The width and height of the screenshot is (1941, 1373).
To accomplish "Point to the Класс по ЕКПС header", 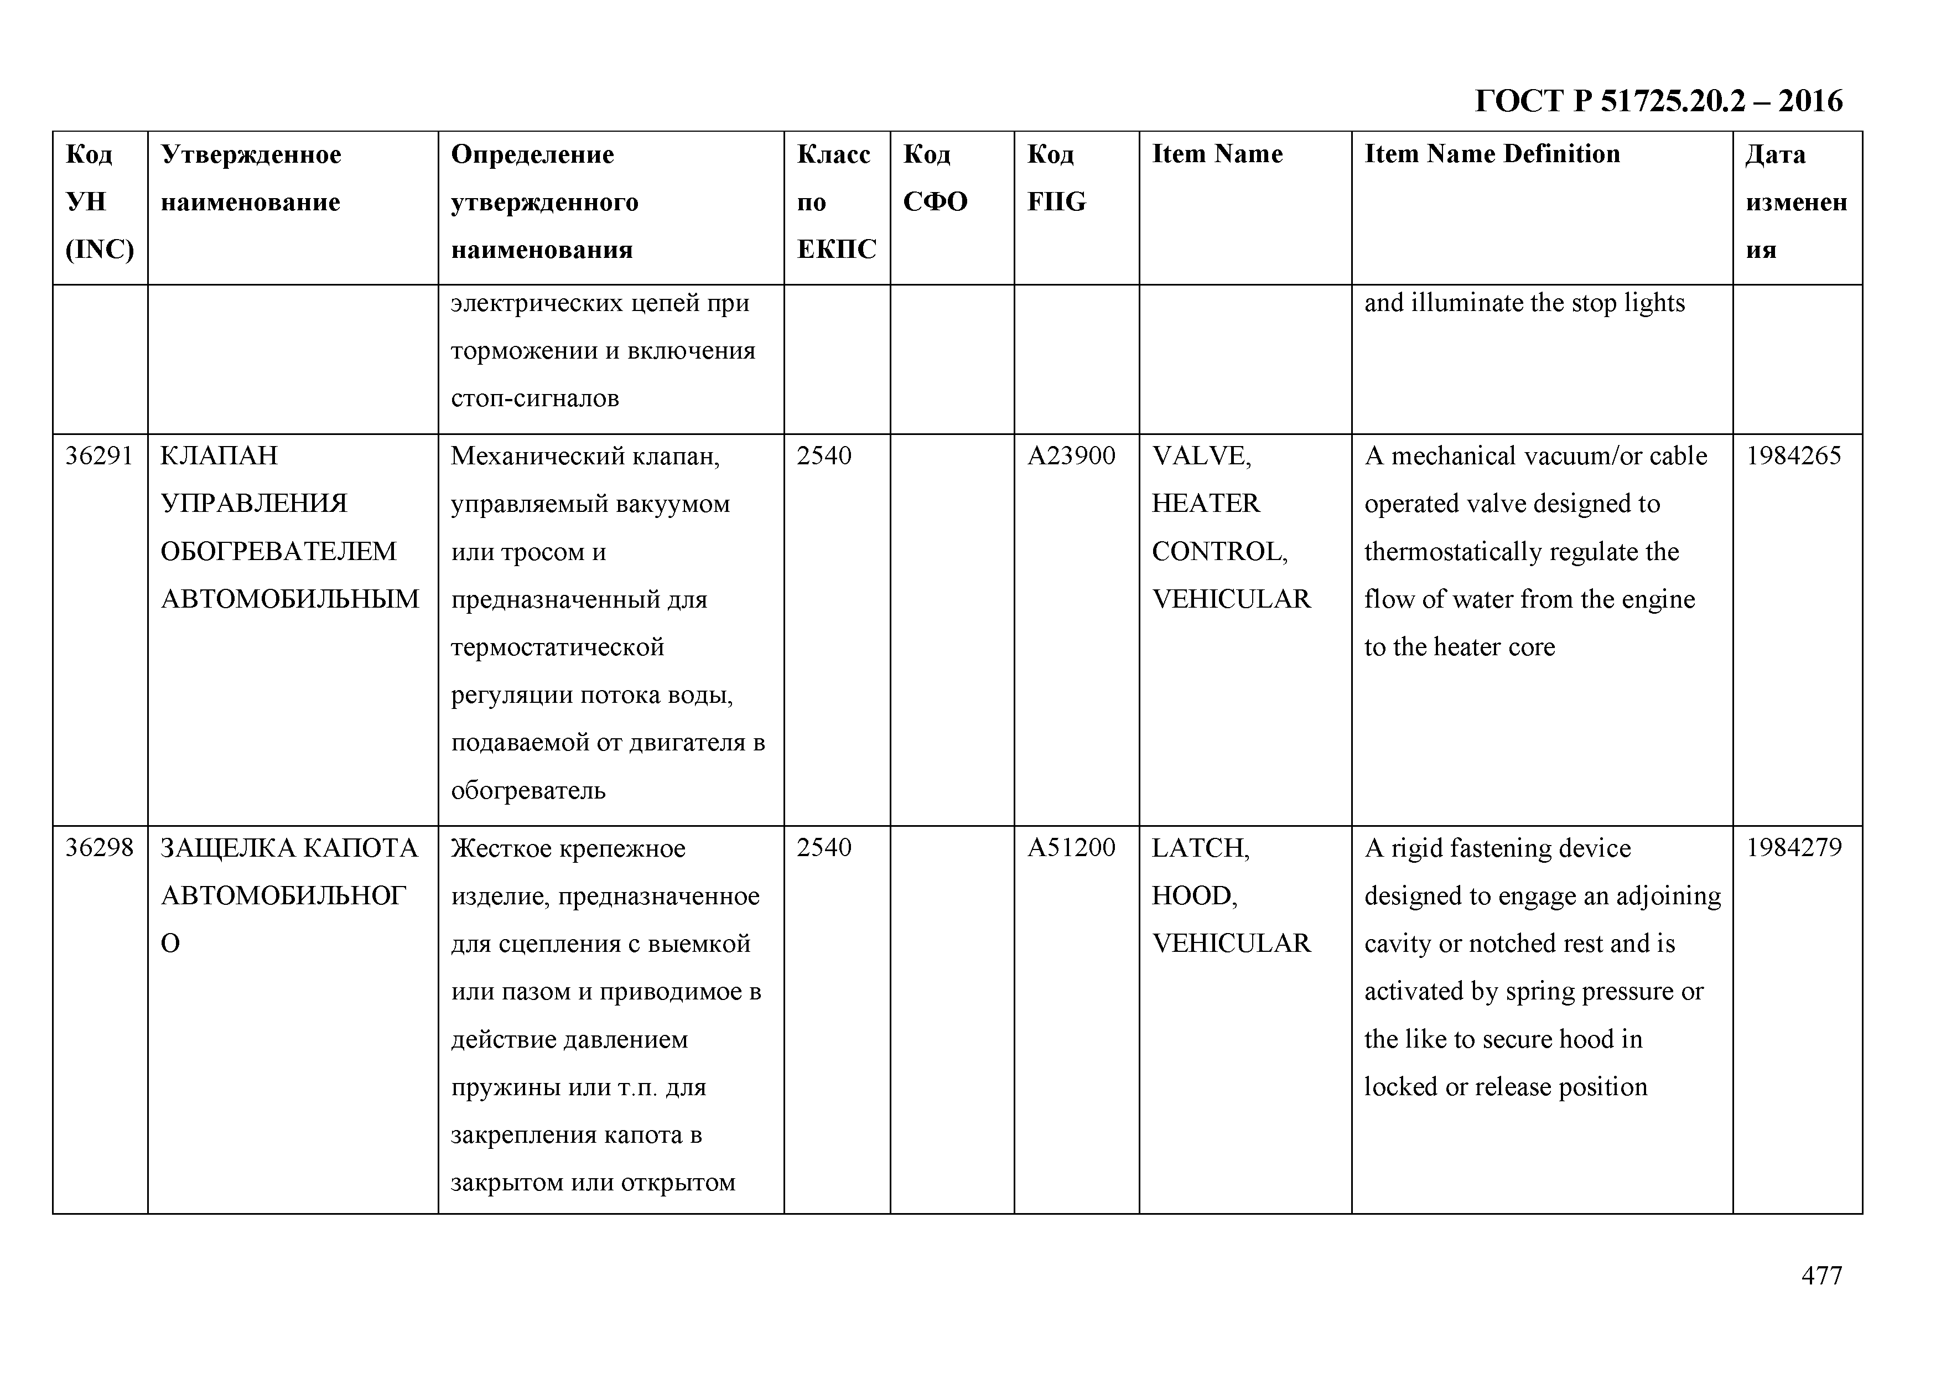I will pyautogui.click(x=836, y=201).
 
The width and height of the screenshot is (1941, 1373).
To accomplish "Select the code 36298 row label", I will pyautogui.click(x=100, y=847).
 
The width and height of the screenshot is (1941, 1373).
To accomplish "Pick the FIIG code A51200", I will pyautogui.click(x=1071, y=847).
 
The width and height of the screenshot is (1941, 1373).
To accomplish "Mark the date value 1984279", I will pyautogui.click(x=1794, y=847).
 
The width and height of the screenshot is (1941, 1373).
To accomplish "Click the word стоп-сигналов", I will pyautogui.click(x=534, y=398).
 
